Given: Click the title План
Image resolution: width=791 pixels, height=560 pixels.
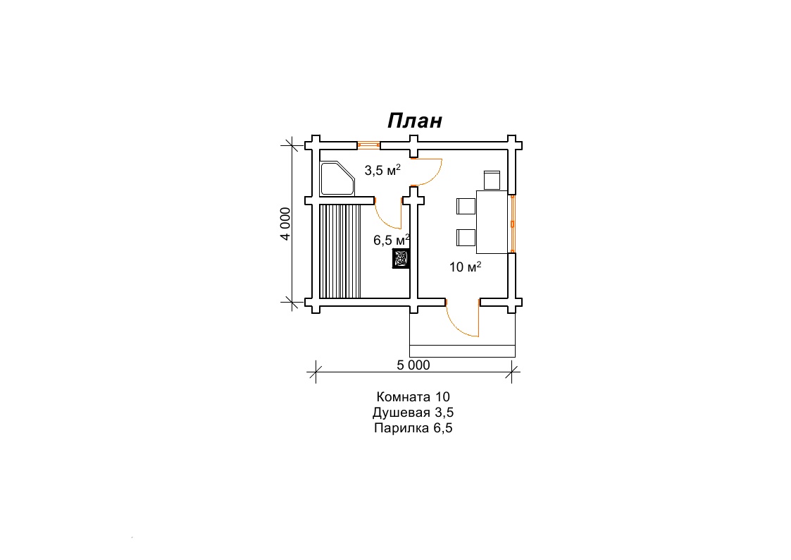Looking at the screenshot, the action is pos(415,121).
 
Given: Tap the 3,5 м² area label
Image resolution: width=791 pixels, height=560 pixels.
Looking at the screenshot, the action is pos(382,170).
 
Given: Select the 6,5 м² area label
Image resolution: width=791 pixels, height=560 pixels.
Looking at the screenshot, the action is pos(392,240).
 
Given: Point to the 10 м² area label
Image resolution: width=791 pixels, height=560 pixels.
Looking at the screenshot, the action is pos(465,266).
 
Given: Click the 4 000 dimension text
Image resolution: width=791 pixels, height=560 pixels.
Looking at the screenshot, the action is pos(285,224).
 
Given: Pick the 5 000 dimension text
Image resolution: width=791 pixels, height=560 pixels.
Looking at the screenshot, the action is pos(413,365).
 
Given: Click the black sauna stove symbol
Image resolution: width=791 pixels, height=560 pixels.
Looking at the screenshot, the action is pos(401,259).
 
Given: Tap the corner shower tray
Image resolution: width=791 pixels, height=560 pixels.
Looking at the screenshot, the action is pos(337,178).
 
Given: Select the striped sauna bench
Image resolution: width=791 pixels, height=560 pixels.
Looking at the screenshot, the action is pos(340,251).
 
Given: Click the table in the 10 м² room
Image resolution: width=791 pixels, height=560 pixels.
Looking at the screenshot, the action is pos(492,221).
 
